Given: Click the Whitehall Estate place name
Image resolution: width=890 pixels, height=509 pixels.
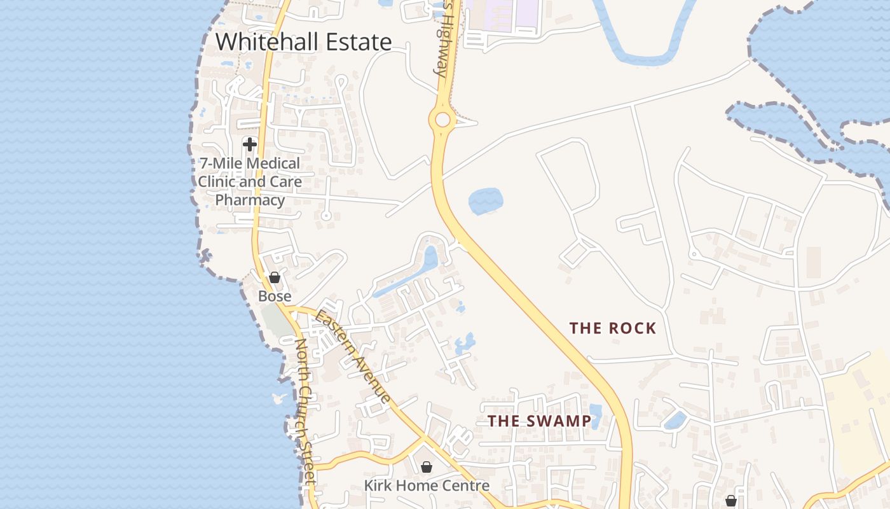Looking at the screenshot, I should click(x=304, y=42).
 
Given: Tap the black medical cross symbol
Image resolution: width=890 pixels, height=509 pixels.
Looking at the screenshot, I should click(x=250, y=144).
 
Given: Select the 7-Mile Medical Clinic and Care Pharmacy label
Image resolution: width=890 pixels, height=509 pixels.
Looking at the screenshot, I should click(x=249, y=182).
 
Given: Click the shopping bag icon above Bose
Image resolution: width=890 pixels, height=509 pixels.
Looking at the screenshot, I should click(x=275, y=277).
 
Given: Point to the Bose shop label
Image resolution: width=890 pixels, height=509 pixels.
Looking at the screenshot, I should click(x=275, y=296).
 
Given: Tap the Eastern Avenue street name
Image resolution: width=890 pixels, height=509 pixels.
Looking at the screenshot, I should click(x=353, y=356).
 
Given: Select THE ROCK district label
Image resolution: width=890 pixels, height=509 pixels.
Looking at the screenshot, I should click(x=612, y=328).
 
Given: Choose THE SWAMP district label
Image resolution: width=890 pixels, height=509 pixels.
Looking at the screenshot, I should click(x=539, y=421).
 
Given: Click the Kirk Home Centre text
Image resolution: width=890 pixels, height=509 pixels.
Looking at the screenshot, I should click(x=427, y=486).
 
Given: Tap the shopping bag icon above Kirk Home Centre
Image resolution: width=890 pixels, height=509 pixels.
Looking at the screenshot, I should click(x=427, y=467).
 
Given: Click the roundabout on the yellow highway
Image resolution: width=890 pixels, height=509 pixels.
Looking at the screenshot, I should click(x=442, y=120).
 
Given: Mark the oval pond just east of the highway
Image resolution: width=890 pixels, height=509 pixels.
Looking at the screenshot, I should click(x=486, y=201).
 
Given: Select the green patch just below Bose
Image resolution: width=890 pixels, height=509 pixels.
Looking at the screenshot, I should click(x=276, y=319).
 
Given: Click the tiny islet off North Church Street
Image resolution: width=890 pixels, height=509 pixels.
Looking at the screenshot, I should click(x=278, y=399).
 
